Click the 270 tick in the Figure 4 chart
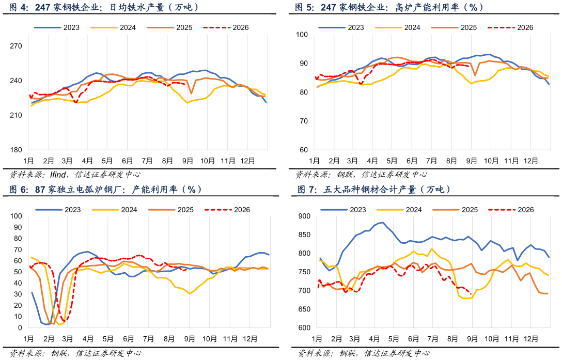click(x=16, y=46)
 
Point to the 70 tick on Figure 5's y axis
click(x=304, y=121)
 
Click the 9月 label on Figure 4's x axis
click(x=188, y=161)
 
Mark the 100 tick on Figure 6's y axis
click(x=16, y=216)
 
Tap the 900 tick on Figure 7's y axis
click(x=304, y=216)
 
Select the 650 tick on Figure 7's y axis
click(x=304, y=309)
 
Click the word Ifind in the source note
click(x=58, y=175)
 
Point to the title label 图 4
click(x=19, y=7)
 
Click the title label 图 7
click(x=307, y=190)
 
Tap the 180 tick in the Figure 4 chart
click(x=16, y=150)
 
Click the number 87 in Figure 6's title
click(x=40, y=190)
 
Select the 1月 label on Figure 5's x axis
click(x=315, y=161)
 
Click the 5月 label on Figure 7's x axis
click(x=394, y=339)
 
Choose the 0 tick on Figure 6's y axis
click(x=20, y=328)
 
